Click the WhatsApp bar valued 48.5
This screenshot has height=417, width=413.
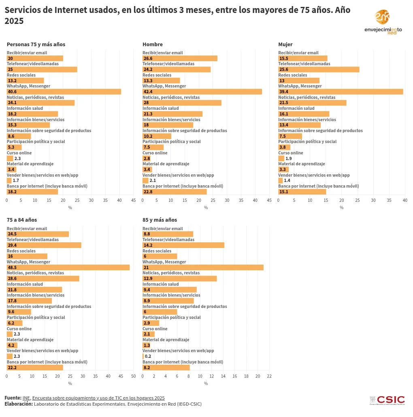pyautogui.click(x=68, y=267)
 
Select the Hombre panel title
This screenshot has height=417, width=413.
pyautogui.click(x=152, y=44)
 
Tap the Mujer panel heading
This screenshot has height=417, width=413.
pyautogui.click(x=285, y=44)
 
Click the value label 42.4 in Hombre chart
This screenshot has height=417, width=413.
pyautogui.click(x=147, y=92)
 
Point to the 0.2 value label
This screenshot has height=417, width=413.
pyautogui.click(x=148, y=356)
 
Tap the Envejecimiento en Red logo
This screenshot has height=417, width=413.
pyautogui.click(x=383, y=22)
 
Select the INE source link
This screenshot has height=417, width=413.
pyautogui.click(x=26, y=398)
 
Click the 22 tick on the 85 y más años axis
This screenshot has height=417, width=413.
pyautogui.click(x=269, y=376)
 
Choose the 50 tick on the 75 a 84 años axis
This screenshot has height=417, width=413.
pyautogui.click(x=133, y=376)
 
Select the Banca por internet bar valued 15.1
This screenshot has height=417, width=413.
pyautogui.click(x=302, y=192)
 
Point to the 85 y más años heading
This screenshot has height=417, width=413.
pyautogui.click(x=160, y=220)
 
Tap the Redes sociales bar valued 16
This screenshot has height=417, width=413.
pyautogui.click(x=27, y=256)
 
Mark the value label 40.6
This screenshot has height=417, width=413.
pyautogui.click(x=11, y=92)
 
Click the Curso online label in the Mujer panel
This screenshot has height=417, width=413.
pyautogui.click(x=290, y=153)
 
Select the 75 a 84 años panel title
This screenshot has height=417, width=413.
pyautogui.click(x=21, y=220)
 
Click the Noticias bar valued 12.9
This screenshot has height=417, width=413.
pyautogui.click(x=179, y=278)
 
